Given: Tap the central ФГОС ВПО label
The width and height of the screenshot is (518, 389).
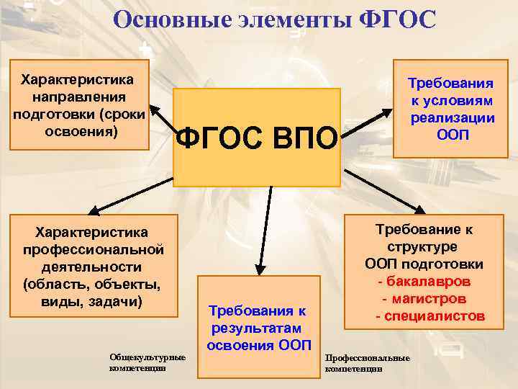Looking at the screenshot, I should click(x=257, y=138).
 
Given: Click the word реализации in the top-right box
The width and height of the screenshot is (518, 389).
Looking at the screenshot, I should click(x=452, y=118).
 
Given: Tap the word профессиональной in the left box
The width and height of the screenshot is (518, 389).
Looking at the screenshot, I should click(x=91, y=249).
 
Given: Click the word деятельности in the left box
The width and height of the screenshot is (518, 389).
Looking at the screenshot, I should click(x=91, y=266).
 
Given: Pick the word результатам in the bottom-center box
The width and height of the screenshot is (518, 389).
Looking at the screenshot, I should click(x=257, y=328).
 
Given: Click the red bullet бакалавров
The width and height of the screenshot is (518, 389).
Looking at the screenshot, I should click(x=428, y=281).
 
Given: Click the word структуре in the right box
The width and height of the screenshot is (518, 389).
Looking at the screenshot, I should click(x=424, y=247).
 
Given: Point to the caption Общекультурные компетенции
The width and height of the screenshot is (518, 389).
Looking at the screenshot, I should click(x=147, y=362).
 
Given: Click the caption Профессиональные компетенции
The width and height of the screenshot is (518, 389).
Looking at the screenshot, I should click(x=368, y=363).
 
